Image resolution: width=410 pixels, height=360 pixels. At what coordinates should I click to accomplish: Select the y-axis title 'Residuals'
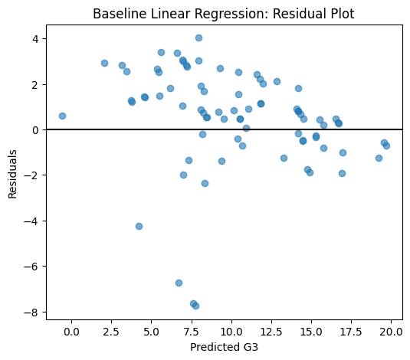point(12,174)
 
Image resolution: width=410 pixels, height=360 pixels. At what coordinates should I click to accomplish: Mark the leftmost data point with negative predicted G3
point(62,116)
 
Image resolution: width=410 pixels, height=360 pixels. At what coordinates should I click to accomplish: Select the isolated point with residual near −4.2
point(139,226)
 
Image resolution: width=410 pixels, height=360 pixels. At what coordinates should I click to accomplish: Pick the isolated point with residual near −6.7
point(179,283)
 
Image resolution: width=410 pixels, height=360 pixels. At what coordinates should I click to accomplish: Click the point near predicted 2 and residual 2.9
point(104,63)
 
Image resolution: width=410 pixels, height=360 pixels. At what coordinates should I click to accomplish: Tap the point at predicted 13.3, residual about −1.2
point(284,158)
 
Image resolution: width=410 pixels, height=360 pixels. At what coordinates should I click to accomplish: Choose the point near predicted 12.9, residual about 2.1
point(277,81)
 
